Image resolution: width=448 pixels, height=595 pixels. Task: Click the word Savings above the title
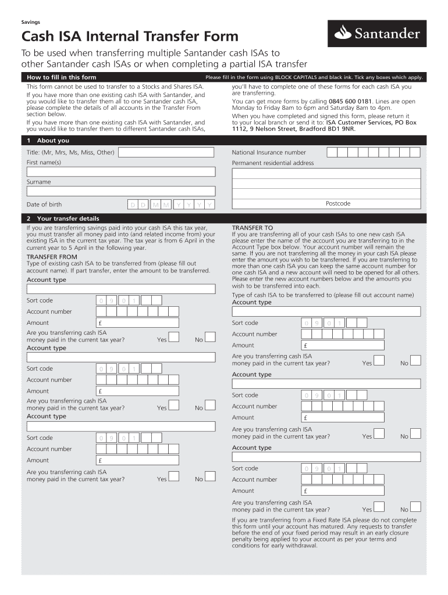click(31, 22)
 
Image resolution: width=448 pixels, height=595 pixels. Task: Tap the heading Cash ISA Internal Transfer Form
click(130, 37)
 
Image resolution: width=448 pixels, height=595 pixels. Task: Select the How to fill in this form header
click(61, 77)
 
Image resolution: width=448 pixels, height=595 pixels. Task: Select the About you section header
click(52, 141)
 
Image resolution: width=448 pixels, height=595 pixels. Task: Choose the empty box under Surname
click(121, 192)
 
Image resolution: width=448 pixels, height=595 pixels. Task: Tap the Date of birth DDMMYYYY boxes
click(171, 205)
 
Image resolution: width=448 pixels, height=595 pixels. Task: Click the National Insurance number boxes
click(373, 152)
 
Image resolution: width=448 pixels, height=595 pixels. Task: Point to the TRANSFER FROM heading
click(52, 256)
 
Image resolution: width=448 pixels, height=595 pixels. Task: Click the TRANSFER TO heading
click(252, 228)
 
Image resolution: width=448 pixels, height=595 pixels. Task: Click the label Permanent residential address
click(273, 163)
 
